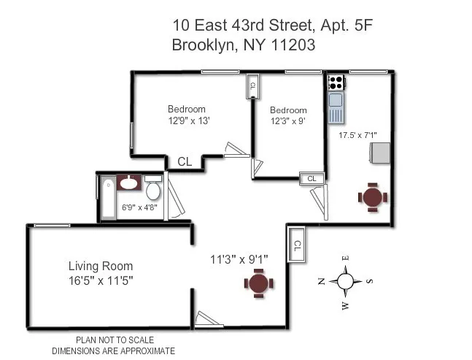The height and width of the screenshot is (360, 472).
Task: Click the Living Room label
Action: pyautogui.click(x=101, y=266)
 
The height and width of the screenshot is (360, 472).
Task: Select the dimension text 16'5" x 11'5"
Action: pyautogui.click(x=101, y=280)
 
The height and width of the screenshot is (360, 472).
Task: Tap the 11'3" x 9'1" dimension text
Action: pyautogui.click(x=239, y=258)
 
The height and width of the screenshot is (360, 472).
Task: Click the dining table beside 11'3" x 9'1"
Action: pyautogui.click(x=258, y=283)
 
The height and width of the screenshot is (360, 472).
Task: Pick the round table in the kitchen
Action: pyautogui.click(x=372, y=196)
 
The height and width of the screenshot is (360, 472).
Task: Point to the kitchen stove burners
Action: pyautogui.click(x=336, y=83)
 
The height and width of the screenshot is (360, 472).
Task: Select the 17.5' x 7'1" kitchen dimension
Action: pyautogui.click(x=357, y=134)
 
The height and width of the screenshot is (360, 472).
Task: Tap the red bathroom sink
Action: pyautogui.click(x=130, y=182)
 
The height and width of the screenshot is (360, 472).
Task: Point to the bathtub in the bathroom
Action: pyautogui.click(x=107, y=197)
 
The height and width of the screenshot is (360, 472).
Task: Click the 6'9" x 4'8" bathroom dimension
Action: pyautogui.click(x=138, y=208)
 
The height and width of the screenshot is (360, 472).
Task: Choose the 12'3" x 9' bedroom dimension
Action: pyautogui.click(x=287, y=121)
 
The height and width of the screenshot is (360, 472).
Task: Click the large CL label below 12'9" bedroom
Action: pyautogui.click(x=185, y=162)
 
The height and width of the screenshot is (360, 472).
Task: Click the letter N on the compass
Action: pyautogui.click(x=321, y=282)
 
